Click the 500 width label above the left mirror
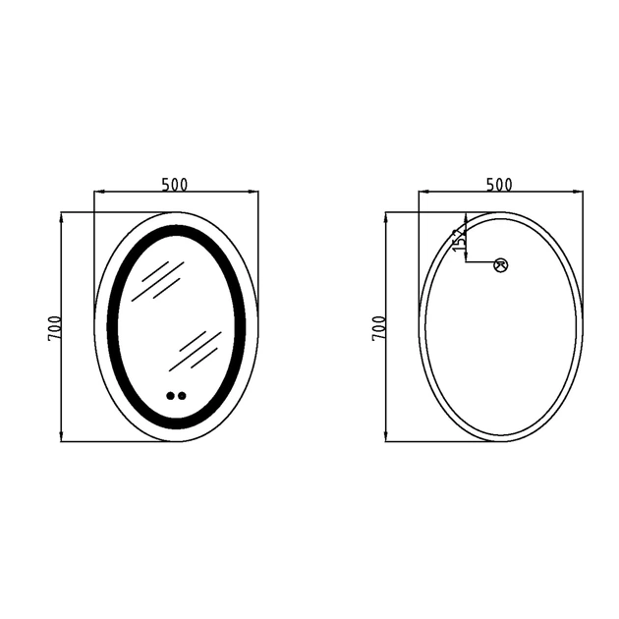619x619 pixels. click(x=175, y=184)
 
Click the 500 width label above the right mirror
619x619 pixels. click(x=499, y=184)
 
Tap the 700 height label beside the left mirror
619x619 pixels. click(x=55, y=328)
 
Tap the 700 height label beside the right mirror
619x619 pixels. click(x=379, y=328)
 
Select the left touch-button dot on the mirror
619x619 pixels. click(x=171, y=396)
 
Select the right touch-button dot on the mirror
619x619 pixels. click(x=182, y=396)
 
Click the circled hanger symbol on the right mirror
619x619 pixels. click(x=500, y=265)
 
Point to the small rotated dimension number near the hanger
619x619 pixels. click(x=460, y=241)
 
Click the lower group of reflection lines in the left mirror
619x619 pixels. click(x=196, y=351)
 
